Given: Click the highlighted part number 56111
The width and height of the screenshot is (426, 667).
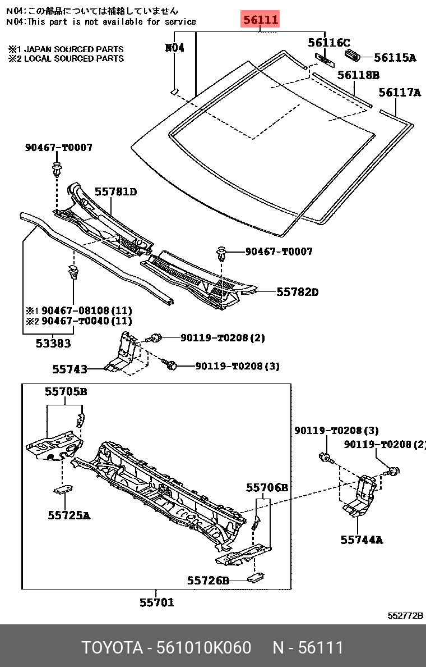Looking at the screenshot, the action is [260, 20].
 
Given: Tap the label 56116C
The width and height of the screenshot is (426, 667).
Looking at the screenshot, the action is [329, 43].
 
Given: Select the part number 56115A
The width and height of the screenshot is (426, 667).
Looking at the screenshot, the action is [395, 57].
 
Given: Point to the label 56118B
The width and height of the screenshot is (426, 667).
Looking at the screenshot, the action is [359, 75].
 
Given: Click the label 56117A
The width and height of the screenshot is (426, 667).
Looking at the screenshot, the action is [400, 92].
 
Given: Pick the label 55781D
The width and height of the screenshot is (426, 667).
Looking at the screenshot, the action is [115, 192].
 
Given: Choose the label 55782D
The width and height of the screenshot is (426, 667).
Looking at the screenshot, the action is [297, 292].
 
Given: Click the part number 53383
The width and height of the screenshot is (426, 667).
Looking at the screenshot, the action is [53, 343].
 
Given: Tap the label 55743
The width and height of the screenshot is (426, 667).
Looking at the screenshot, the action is [70, 369].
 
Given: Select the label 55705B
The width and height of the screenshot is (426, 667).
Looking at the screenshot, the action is [66, 391].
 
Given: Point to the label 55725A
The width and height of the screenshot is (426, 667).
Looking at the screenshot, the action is [69, 515].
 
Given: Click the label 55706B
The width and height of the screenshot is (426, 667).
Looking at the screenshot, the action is [267, 487].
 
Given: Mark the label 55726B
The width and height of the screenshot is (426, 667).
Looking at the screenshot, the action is [208, 580].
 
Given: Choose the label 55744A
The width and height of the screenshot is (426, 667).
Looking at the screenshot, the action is [362, 540].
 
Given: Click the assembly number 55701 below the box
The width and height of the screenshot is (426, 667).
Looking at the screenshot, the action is [157, 602].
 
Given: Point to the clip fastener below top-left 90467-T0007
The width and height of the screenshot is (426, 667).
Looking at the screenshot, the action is [56, 169].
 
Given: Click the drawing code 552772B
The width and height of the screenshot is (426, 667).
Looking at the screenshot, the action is [405, 615].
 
